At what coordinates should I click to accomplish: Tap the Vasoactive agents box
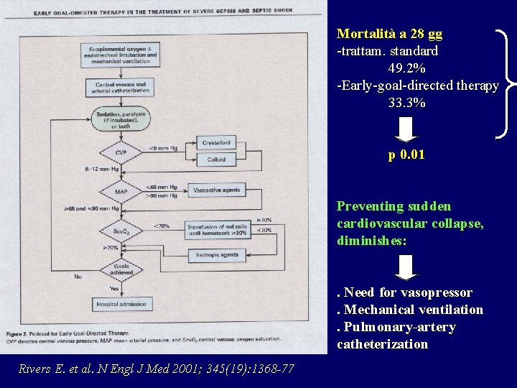[x=217, y=190]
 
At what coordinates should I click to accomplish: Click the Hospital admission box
[x=121, y=305]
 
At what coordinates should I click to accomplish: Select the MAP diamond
[x=121, y=192]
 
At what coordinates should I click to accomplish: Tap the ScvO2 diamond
[x=121, y=231]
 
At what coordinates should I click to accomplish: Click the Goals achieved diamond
[x=121, y=269]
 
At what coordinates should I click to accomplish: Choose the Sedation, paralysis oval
[x=121, y=115]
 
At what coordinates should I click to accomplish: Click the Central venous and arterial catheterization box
[x=121, y=88]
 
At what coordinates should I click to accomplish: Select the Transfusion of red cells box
[x=217, y=230]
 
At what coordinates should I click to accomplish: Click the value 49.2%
[x=406, y=69]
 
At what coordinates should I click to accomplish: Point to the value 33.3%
[x=406, y=103]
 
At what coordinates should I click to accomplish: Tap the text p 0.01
[x=406, y=154]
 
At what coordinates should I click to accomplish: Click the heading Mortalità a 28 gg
[x=390, y=34]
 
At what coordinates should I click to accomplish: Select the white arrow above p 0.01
[x=406, y=129]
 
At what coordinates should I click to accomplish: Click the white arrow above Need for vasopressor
[x=406, y=267]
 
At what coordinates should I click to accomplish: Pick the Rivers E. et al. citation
[x=156, y=369]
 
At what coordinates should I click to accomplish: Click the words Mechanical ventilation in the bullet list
[x=413, y=310]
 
